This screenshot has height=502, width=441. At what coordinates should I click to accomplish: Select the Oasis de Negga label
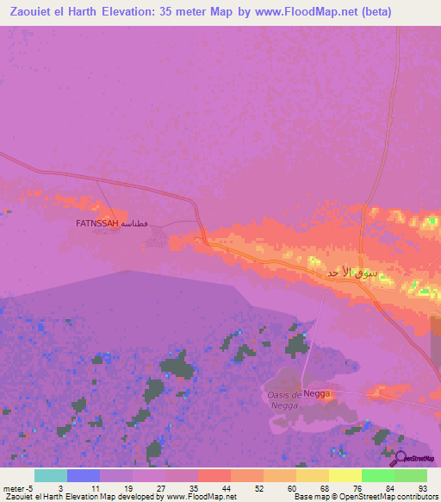[x=283, y=399]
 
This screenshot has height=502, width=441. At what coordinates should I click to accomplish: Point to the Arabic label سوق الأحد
[x=352, y=273]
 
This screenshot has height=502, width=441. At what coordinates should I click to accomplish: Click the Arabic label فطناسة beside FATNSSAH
[x=134, y=223]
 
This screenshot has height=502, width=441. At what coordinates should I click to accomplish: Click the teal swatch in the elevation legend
[x=50, y=475]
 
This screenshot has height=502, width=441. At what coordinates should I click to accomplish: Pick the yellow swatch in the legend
[x=345, y=475]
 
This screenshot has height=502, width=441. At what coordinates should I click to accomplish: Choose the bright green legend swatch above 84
[x=377, y=475]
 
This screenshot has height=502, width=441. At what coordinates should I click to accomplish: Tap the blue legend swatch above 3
[x=83, y=475]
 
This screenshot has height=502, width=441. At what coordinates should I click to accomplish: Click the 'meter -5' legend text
[x=19, y=488]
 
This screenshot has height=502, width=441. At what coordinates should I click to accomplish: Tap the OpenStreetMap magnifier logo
[x=398, y=457]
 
